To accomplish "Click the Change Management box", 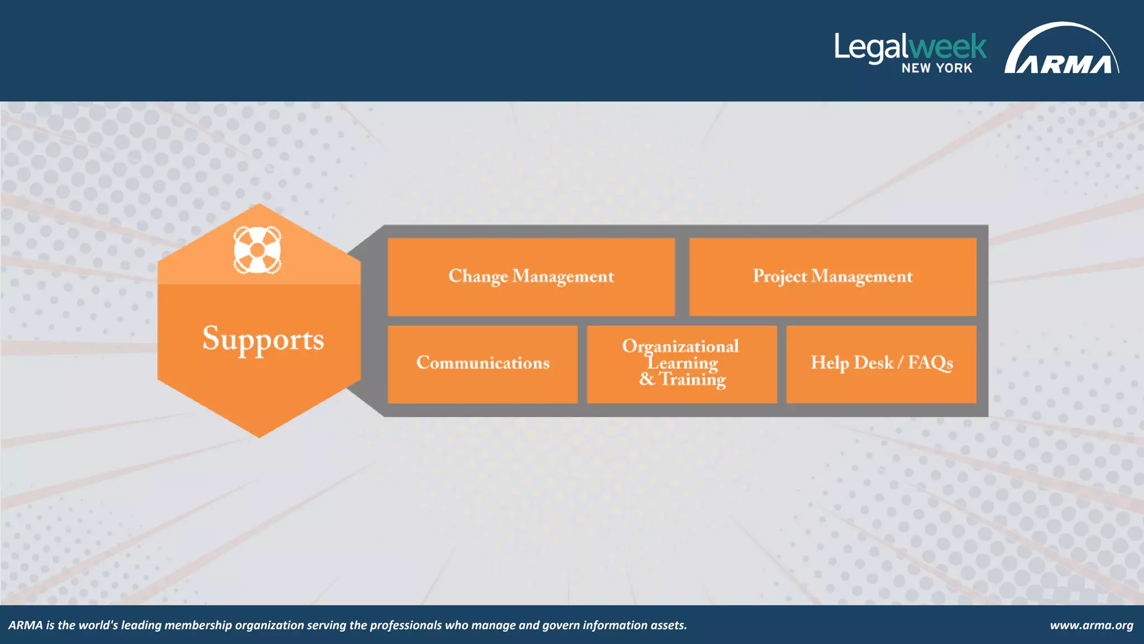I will (x=531, y=277).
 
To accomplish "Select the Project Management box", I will (x=832, y=277).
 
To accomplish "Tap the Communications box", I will (x=483, y=363).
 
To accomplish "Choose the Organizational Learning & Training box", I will (x=681, y=363).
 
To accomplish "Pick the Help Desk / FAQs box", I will (x=881, y=363).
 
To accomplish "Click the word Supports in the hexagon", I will (x=263, y=339).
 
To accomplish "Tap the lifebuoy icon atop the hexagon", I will (x=257, y=250).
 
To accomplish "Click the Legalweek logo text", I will (x=911, y=47).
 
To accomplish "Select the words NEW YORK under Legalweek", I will (x=937, y=68).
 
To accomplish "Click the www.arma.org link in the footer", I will (x=1091, y=625).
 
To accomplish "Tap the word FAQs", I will (x=930, y=363).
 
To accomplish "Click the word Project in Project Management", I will (x=780, y=277).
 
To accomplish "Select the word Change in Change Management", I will (x=478, y=277).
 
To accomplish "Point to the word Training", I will (x=693, y=380).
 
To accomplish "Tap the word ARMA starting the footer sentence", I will (x=26, y=625).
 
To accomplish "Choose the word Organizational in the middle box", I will (x=680, y=346).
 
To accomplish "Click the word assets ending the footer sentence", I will (x=668, y=625).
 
